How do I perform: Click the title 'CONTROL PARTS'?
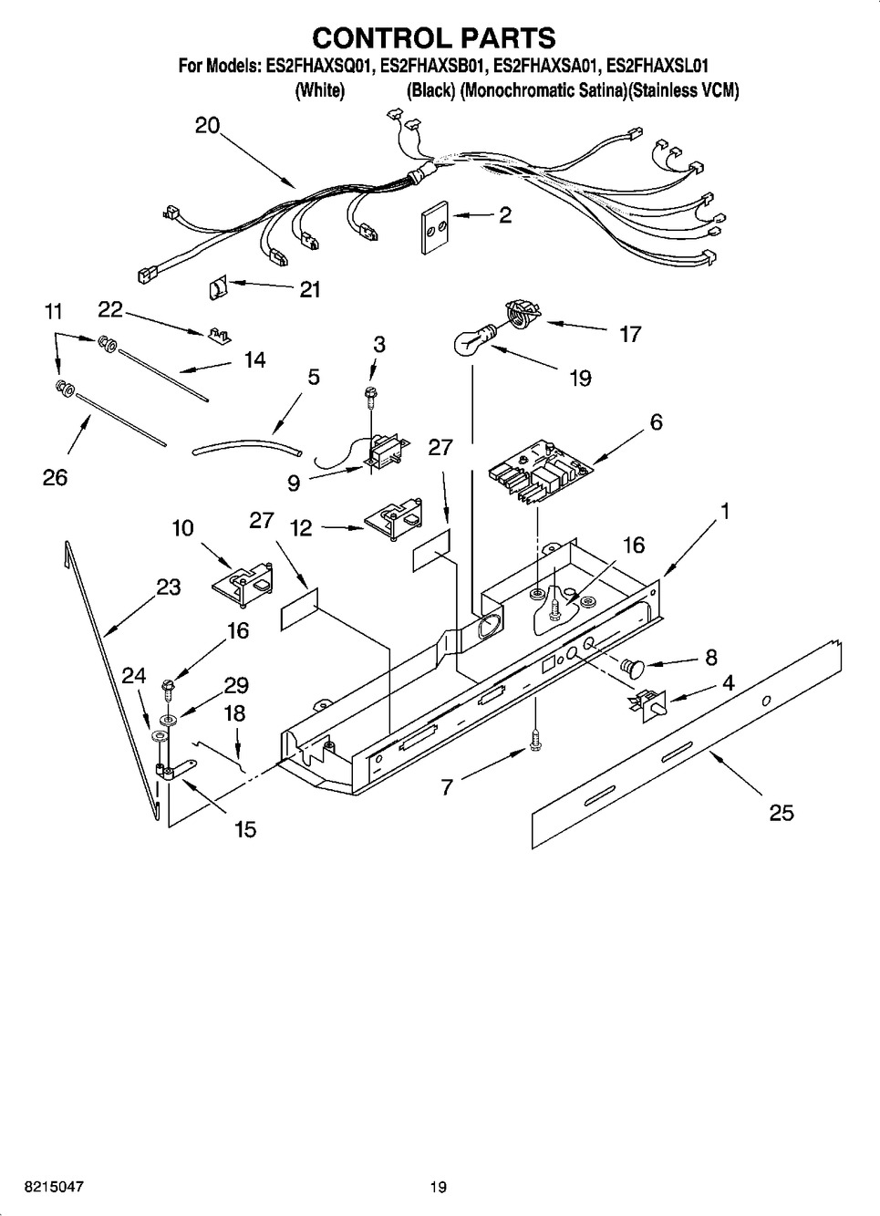click(434, 37)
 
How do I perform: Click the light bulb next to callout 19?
click(471, 342)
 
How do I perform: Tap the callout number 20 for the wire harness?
click(208, 125)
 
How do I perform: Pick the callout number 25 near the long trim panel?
click(782, 811)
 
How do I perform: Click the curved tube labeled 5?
click(246, 447)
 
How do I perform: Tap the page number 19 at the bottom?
click(439, 1187)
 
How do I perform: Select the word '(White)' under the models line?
click(319, 91)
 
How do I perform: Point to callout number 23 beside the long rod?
click(168, 587)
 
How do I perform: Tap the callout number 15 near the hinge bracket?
click(244, 829)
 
